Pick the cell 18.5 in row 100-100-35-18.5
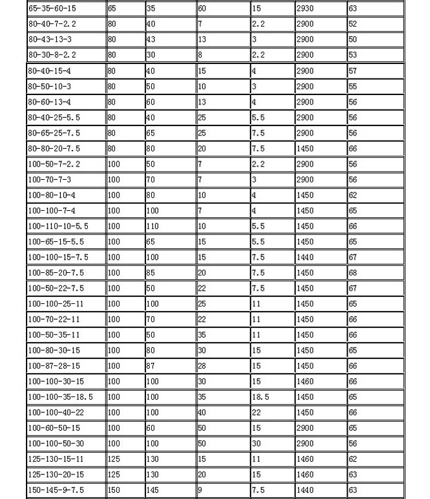point(260,397)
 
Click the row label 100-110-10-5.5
point(58,226)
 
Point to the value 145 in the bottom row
point(153,490)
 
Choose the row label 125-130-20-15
point(56,474)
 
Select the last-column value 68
point(353,273)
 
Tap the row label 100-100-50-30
point(56,443)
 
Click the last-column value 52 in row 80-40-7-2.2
point(353,24)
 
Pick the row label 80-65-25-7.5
point(54,133)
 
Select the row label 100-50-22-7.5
point(56,288)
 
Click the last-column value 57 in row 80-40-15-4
point(353,71)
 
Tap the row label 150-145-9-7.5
point(56,490)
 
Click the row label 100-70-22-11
point(54,319)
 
